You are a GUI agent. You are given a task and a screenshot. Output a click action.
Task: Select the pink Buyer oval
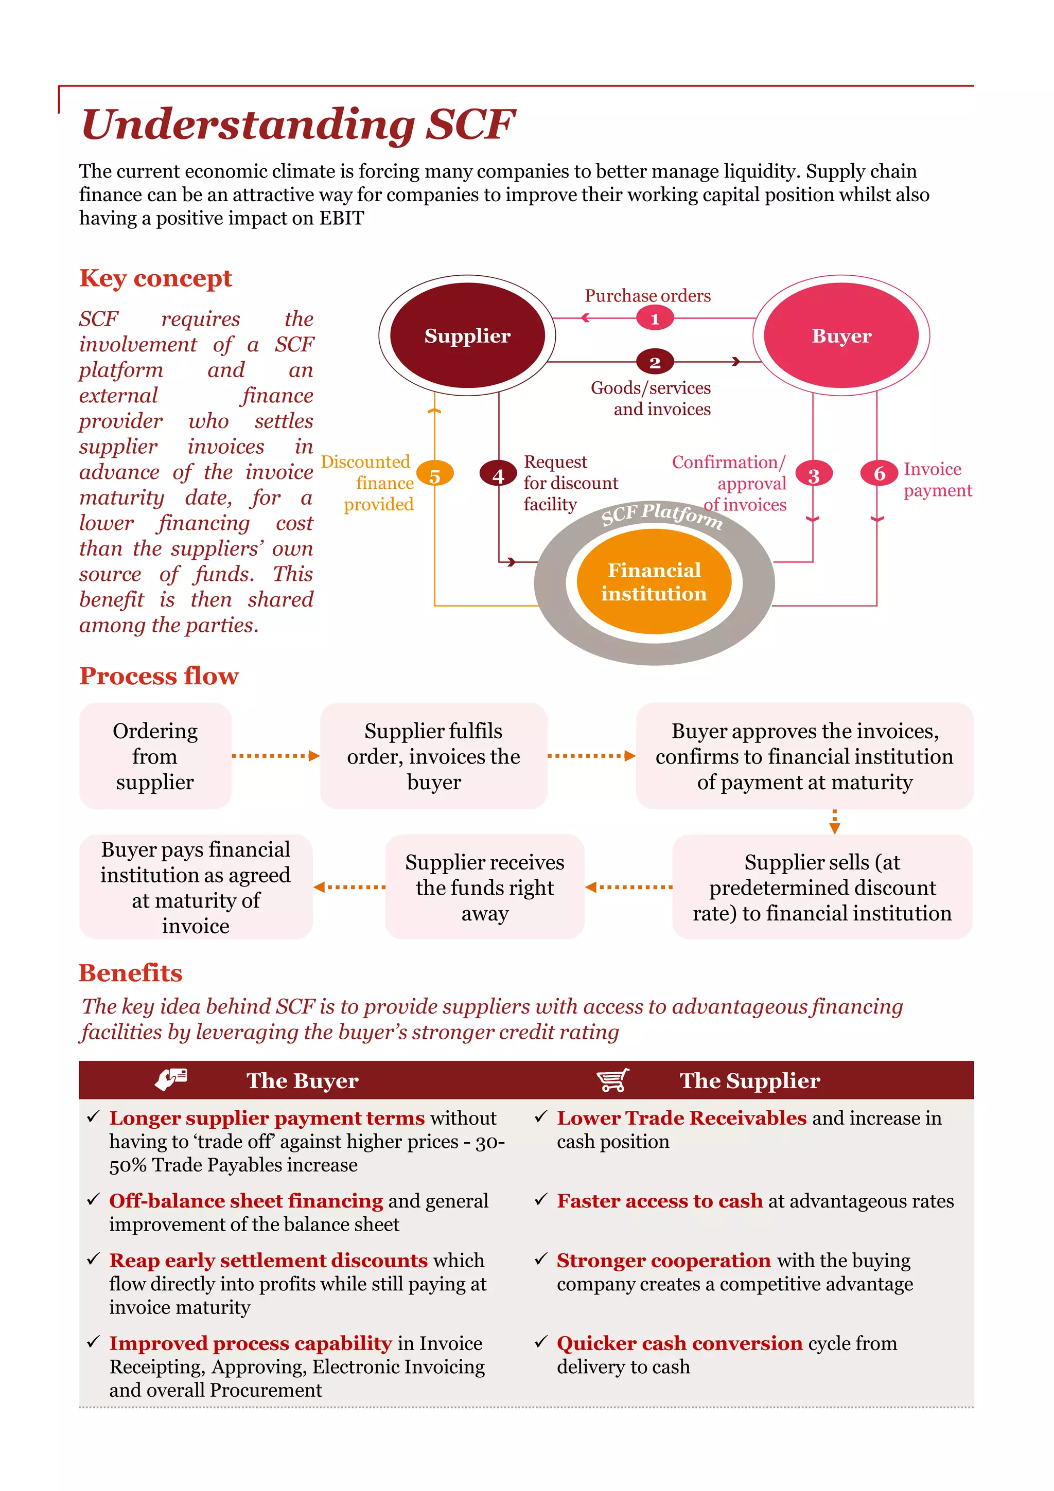pyautogui.click(x=841, y=335)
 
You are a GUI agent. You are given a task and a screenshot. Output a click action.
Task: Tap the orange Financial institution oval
pyautogui.click(x=654, y=581)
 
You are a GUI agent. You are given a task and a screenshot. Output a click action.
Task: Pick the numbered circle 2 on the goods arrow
pyautogui.click(x=655, y=362)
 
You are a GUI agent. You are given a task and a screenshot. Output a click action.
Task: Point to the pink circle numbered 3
pyautogui.click(x=813, y=475)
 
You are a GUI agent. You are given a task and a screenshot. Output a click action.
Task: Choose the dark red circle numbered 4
pyautogui.click(x=498, y=475)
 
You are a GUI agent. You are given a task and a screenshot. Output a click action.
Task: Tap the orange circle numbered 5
pyautogui.click(x=434, y=475)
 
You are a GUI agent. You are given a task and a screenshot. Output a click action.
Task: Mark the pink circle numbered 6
pyautogui.click(x=880, y=473)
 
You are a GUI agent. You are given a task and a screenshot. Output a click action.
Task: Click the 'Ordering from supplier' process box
pyautogui.click(x=155, y=756)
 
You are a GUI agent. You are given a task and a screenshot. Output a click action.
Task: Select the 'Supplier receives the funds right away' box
pyautogui.click(x=484, y=887)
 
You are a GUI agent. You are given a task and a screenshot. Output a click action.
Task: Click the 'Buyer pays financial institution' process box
pyautogui.click(x=196, y=887)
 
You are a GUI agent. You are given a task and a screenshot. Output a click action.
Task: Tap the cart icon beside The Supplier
pyautogui.click(x=612, y=1080)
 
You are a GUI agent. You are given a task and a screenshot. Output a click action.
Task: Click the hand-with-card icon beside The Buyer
pyautogui.click(x=171, y=1079)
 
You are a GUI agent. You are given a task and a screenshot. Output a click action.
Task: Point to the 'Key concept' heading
pyautogui.click(x=155, y=278)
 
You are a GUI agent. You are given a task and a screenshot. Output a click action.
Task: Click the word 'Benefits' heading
pyautogui.click(x=131, y=973)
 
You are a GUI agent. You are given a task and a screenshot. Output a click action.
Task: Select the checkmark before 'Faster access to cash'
pyautogui.click(x=540, y=1199)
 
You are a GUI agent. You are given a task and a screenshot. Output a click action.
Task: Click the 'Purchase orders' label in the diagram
pyautogui.click(x=647, y=295)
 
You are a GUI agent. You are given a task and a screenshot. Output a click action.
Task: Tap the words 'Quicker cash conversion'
pyautogui.click(x=679, y=1343)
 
